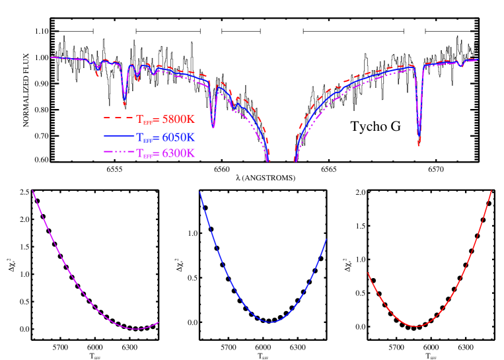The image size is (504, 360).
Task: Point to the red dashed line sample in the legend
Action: [x=118, y=118]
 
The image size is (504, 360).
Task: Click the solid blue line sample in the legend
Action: [x=118, y=136]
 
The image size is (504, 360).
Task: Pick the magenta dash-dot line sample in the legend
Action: [x=118, y=153]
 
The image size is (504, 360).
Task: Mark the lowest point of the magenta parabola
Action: [x=136, y=329]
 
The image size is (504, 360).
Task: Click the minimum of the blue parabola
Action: [x=270, y=322]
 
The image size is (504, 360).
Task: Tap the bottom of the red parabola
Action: [x=415, y=326]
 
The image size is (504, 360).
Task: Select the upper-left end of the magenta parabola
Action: [x=32, y=190]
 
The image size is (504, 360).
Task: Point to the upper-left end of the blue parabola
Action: [x=199, y=192]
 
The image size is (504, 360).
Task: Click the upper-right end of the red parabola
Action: [x=492, y=190]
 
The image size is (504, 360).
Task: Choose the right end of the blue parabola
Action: [x=326, y=239]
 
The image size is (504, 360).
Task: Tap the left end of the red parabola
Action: [x=367, y=272]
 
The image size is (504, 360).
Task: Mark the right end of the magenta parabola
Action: [x=159, y=322]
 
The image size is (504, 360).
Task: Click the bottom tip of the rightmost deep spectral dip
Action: [x=419, y=145]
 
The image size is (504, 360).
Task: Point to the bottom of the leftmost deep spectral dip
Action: [x=124, y=104]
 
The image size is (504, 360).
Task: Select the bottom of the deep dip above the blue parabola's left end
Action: [x=213, y=127]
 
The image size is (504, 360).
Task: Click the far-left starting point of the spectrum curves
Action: [x=51, y=57]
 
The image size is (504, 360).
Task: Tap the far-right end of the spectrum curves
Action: [x=478, y=59]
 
